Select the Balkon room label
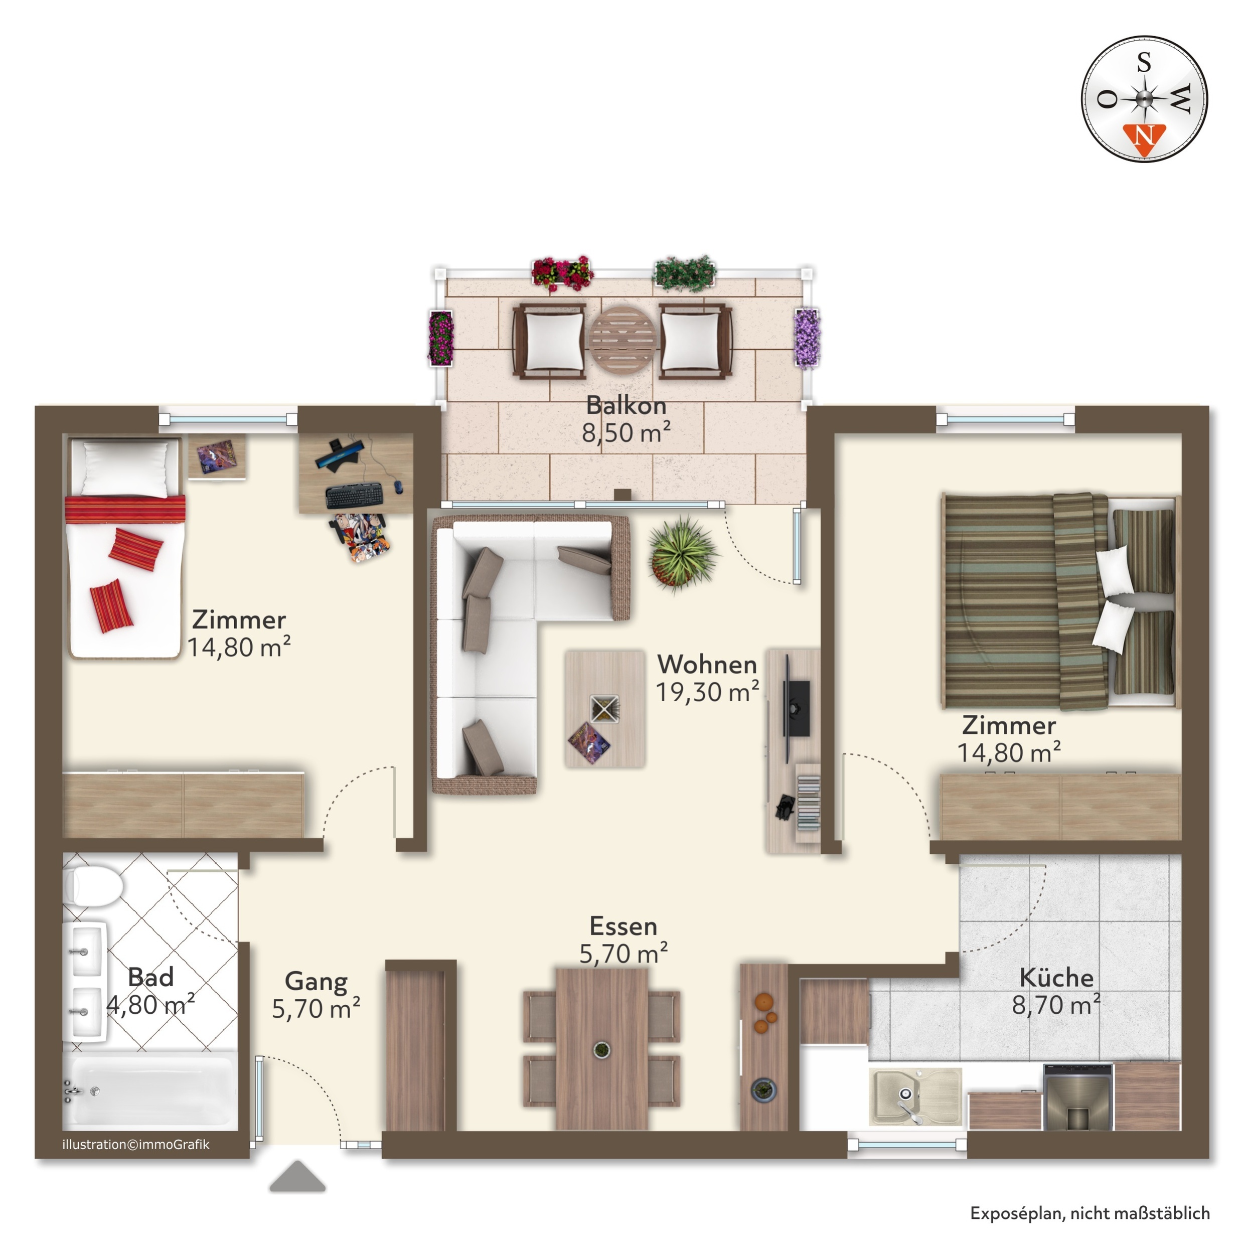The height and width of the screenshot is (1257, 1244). [626, 405]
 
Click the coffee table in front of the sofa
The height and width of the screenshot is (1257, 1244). [604, 709]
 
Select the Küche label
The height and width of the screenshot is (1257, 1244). [1056, 977]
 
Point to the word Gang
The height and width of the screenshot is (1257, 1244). [316, 981]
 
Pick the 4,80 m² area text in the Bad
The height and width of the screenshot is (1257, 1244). [150, 1005]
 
